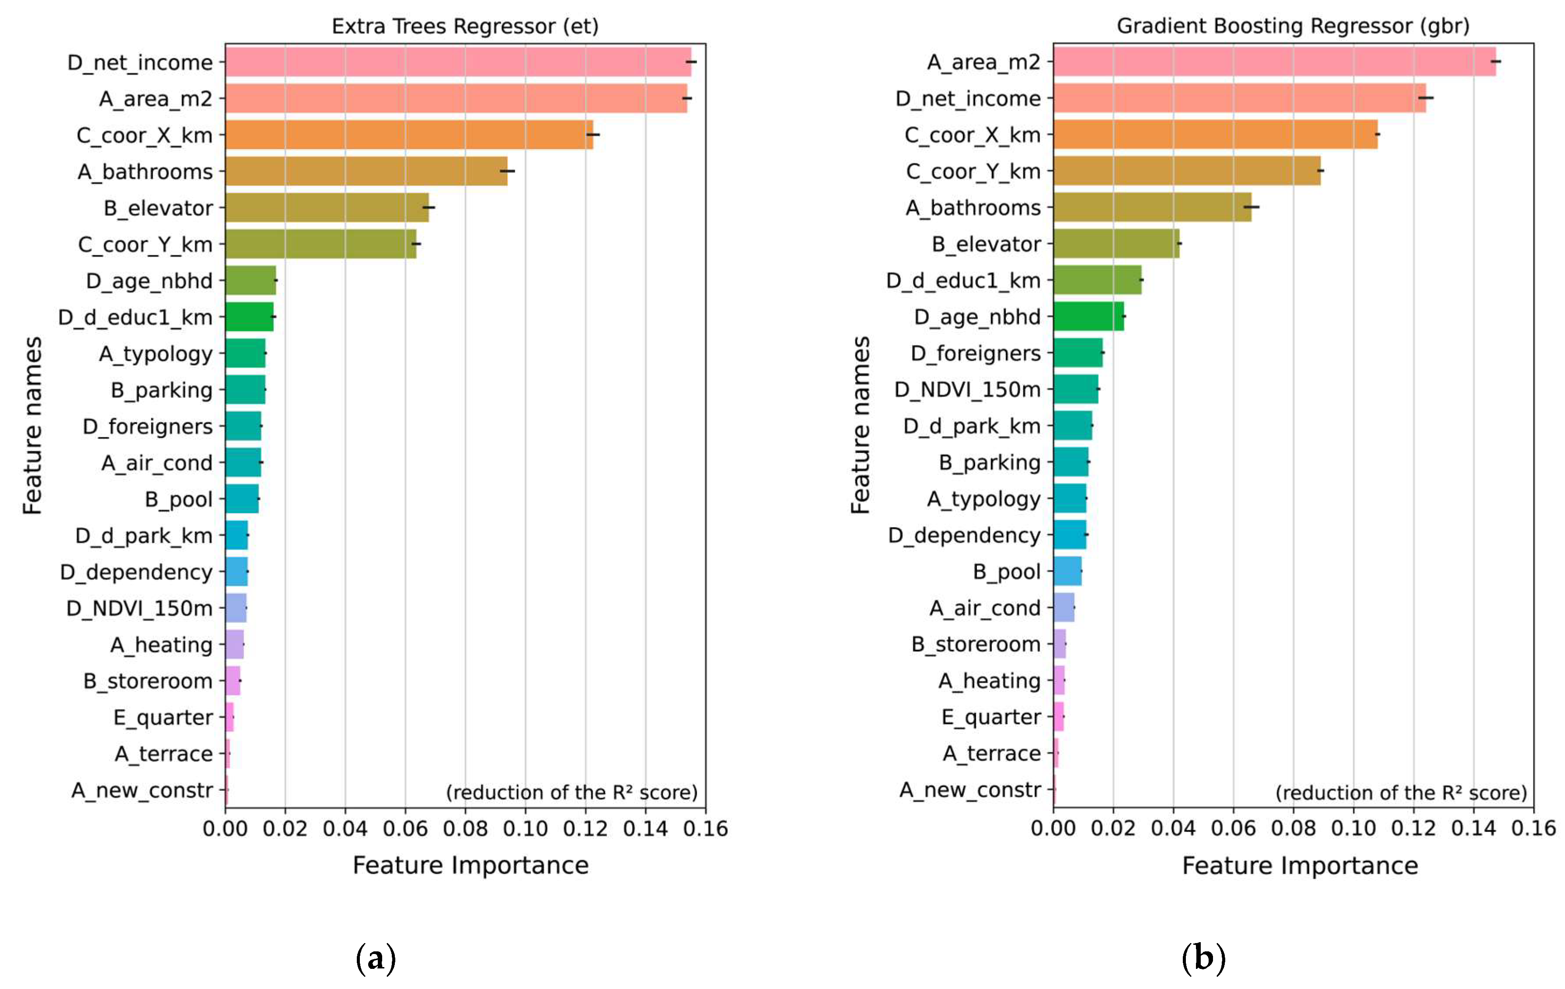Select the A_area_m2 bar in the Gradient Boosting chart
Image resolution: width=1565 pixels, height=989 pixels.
[x=1274, y=61]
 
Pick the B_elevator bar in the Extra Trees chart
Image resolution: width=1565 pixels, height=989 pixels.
[x=327, y=207]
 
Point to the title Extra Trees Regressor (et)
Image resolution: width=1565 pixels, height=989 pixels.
[x=465, y=26]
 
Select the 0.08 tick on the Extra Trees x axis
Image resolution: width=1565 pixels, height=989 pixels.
[x=465, y=829]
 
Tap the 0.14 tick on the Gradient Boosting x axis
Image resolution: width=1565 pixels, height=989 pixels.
[x=1473, y=829]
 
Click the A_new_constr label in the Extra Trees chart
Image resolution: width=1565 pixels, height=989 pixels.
[x=142, y=790]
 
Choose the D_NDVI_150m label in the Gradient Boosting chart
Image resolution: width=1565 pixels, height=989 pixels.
[x=967, y=389]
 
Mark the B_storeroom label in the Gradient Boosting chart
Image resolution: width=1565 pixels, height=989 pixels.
[x=976, y=644]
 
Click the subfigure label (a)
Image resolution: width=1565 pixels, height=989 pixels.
[x=376, y=958]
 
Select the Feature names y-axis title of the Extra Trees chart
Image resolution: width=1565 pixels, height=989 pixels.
[x=32, y=425]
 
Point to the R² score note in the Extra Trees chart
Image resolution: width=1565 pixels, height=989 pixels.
[x=571, y=792]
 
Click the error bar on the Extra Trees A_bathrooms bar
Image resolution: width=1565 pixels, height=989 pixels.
[x=507, y=171]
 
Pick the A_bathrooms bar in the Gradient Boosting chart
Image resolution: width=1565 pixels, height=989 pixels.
[x=1152, y=207]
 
